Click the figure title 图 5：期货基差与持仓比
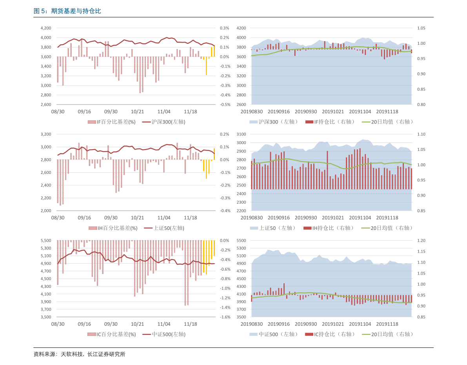(x=67, y=11)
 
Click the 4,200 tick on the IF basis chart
(x=46, y=28)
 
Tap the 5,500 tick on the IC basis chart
(x=46, y=240)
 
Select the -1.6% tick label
(x=225, y=317)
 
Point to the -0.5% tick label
(x=225, y=105)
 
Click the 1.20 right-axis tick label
(x=421, y=240)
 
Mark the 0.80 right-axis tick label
(x=421, y=105)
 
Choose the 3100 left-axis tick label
(x=241, y=134)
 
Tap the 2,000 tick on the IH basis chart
(x=46, y=211)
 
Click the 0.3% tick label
(x=224, y=28)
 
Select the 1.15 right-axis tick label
(x=421, y=251)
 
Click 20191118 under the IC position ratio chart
(x=387, y=324)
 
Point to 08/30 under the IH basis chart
(x=58, y=217)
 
